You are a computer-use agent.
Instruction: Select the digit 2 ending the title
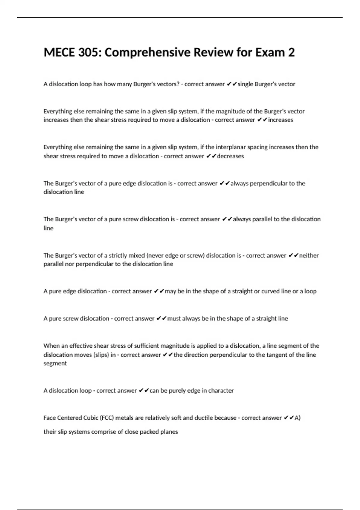pos(291,52)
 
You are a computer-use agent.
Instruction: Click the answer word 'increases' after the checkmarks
pos(280,120)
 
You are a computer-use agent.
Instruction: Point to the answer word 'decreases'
pos(230,156)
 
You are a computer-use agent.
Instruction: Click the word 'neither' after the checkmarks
pos(309,256)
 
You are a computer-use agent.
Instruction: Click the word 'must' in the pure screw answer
pos(174,319)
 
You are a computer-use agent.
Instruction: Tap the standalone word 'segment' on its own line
pos(55,363)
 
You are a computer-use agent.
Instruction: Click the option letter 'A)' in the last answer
pos(297,418)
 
